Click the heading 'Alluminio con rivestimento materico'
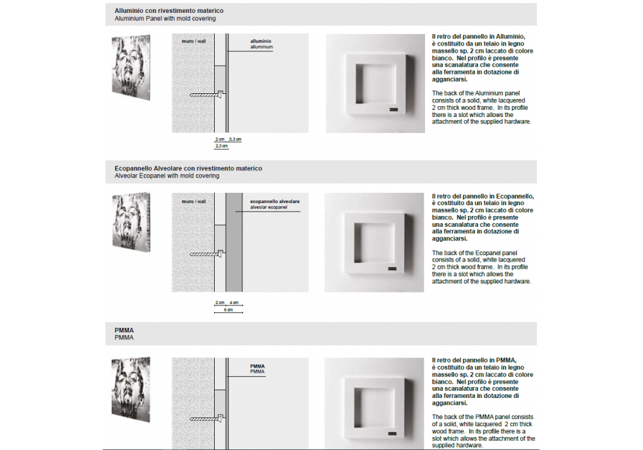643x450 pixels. click(169, 12)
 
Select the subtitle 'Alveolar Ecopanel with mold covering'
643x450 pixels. click(167, 175)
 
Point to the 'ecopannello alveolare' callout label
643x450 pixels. click(275, 202)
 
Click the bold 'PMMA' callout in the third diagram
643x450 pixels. click(257, 366)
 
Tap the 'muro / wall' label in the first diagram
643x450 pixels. click(194, 41)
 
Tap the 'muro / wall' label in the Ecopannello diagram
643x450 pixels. click(194, 201)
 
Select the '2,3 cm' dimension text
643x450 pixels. click(221, 147)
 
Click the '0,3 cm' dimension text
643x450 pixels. click(235, 139)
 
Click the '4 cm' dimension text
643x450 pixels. click(234, 302)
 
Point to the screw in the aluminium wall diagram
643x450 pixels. click(206, 95)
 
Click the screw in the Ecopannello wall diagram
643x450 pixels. click(206, 255)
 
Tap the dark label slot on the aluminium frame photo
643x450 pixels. click(394, 111)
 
